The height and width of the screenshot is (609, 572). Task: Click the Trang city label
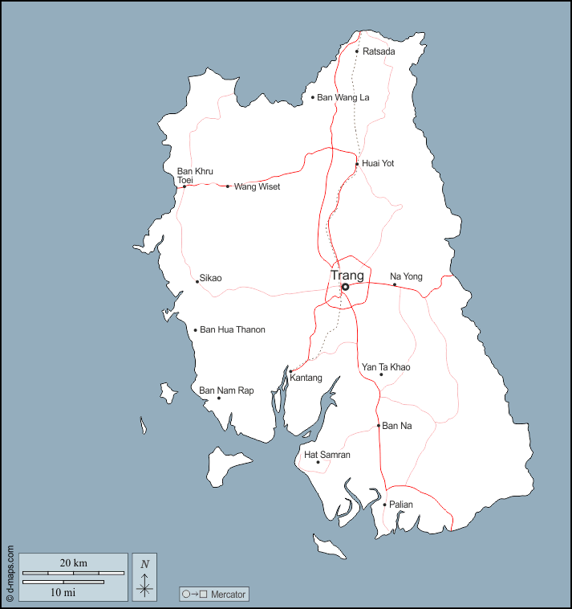[x=347, y=276]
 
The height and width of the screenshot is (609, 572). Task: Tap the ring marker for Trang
[x=345, y=287]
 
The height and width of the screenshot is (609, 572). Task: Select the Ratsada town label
[x=379, y=51]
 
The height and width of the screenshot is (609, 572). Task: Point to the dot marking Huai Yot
[x=357, y=164]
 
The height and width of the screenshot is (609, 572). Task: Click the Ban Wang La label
[x=343, y=98]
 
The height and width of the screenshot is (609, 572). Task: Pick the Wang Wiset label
[x=257, y=186]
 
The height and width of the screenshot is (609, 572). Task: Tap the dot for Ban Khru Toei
[x=184, y=186]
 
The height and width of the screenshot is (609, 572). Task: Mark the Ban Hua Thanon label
[x=232, y=330]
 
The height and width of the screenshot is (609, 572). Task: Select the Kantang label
[x=306, y=378]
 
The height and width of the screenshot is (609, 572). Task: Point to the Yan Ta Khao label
[x=386, y=367]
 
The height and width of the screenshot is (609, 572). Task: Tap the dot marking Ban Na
[x=379, y=426]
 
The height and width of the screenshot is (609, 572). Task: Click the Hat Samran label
[x=327, y=455]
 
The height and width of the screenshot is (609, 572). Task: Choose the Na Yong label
[x=406, y=276]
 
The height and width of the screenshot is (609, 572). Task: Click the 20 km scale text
[x=73, y=562]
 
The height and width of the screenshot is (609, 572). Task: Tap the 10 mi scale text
[x=62, y=591]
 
